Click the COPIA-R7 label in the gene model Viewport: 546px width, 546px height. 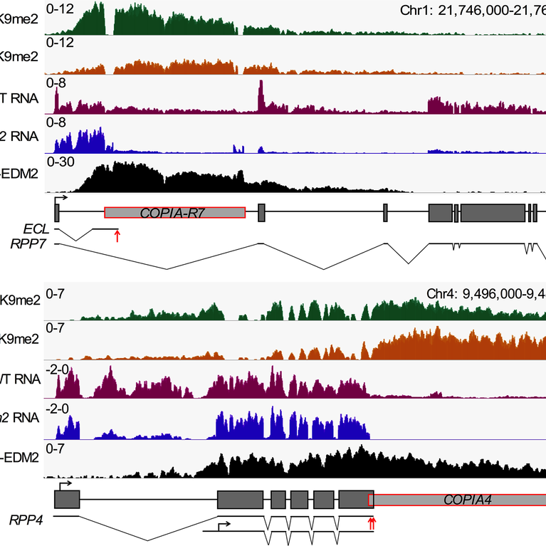tap(174, 212)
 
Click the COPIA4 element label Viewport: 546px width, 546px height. tap(464, 500)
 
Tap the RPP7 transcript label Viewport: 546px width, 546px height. tap(28, 243)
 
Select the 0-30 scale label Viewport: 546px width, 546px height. tap(61, 162)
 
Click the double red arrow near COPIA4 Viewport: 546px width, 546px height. tap(371, 524)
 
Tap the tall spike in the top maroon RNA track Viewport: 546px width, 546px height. tap(261, 93)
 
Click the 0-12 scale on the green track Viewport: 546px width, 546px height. tap(61, 9)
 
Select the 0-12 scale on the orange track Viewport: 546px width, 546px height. tap(61, 43)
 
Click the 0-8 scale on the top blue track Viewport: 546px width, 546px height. tap(58, 122)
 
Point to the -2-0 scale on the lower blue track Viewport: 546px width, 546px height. tap(59, 409)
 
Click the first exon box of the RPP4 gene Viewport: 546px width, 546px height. tap(67, 498)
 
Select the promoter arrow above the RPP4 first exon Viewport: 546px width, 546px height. tap(66, 483)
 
